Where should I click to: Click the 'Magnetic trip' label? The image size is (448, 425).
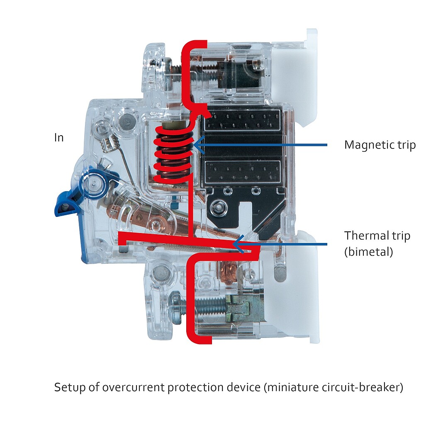380,145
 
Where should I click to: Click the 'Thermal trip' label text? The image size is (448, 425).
377,236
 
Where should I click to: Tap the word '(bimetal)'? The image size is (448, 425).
369,252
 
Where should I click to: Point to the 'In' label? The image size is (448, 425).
59,138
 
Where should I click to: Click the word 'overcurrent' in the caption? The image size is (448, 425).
134,387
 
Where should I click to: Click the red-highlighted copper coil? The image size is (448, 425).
173,154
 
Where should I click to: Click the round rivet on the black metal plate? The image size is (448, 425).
219,206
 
